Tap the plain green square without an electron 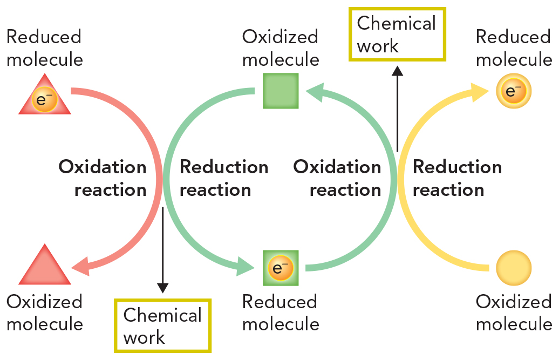coord(281,91)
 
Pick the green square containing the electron coord(281,268)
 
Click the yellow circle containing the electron coord(514,91)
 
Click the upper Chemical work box coord(397,34)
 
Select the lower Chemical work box coord(162,326)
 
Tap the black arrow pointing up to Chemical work coord(397,108)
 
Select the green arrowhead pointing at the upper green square coord(316,91)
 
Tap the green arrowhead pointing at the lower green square coord(246,267)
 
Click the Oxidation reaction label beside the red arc coord(103,178)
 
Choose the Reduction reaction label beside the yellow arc coord(456,178)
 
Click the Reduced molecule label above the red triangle coord(44,47)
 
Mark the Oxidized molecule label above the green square coord(280,47)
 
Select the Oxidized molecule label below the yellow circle coord(514,313)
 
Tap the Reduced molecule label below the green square coord(280,313)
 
